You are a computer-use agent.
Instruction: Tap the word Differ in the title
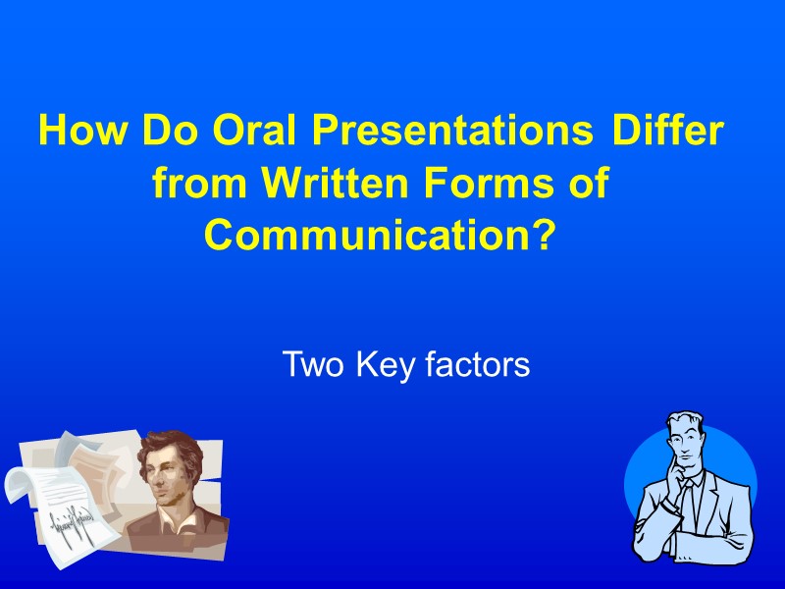(x=666, y=131)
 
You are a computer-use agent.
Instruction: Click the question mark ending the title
(x=542, y=237)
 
